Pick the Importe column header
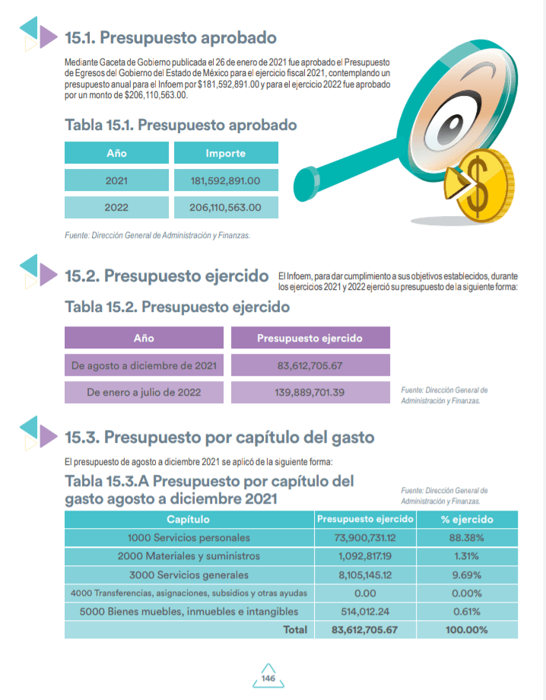(226, 154)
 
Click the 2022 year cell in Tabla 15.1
(116, 207)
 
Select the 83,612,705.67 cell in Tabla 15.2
(310, 366)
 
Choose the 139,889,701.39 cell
(310, 393)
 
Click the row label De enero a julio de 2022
(144, 393)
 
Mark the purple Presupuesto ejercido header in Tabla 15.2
(310, 339)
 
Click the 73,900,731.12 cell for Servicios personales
(365, 538)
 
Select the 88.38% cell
(468, 538)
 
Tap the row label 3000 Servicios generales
(189, 574)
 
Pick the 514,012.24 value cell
(365, 611)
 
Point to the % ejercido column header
(468, 520)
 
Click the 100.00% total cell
(468, 630)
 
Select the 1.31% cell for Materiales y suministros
(468, 556)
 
